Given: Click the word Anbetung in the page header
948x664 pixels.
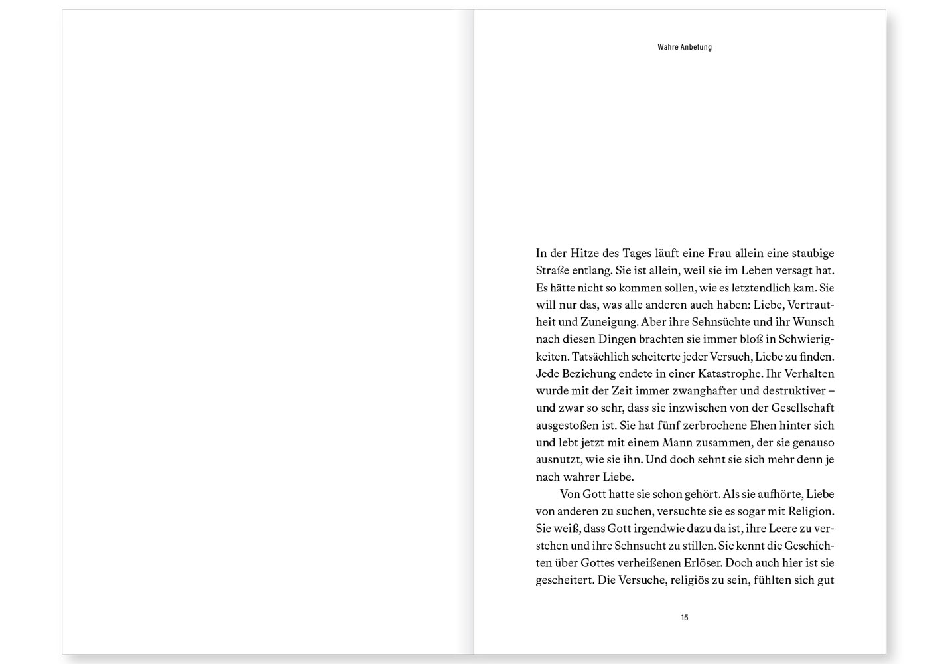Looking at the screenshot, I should pos(696,48).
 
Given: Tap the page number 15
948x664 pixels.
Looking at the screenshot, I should pos(685,618).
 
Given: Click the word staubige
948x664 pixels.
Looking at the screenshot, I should pos(811,253).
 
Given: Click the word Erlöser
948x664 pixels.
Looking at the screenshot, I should pos(701,563).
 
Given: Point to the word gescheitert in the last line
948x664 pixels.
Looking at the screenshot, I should pos(564,580).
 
